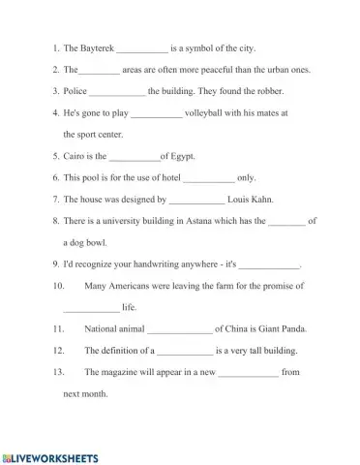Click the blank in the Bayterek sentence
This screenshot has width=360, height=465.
point(142,48)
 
